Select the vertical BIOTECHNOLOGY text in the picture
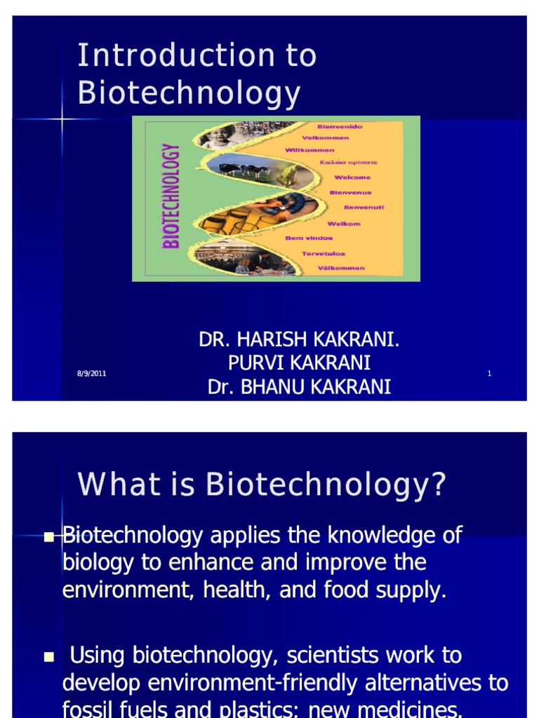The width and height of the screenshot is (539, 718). pos(171,196)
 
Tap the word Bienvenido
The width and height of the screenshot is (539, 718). pos(340,127)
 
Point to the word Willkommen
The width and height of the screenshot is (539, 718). pos(310,150)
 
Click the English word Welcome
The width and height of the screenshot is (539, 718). pos(352,177)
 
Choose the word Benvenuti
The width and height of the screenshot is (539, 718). pos(364,208)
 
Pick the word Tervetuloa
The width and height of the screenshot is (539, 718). pos(323,254)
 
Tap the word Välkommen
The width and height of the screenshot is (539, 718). pos(340,268)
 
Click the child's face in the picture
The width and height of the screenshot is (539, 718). pos(218,136)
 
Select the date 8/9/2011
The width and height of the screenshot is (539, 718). pos(91,374)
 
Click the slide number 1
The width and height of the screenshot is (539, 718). pos(489,374)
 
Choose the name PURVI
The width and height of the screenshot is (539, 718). pos(245,363)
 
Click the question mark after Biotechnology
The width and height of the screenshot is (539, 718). pos(439,485)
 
